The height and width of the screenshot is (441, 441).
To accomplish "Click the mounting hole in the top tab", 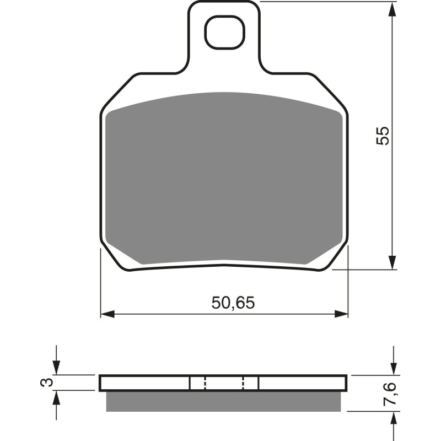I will coord(224,32).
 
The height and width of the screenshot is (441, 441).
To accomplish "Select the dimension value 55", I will coord(383,136).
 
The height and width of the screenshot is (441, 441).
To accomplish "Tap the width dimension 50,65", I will coord(233,303).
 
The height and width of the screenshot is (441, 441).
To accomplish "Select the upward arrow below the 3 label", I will coord(56,397).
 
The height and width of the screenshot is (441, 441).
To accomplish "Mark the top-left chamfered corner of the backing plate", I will coord(116,91).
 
